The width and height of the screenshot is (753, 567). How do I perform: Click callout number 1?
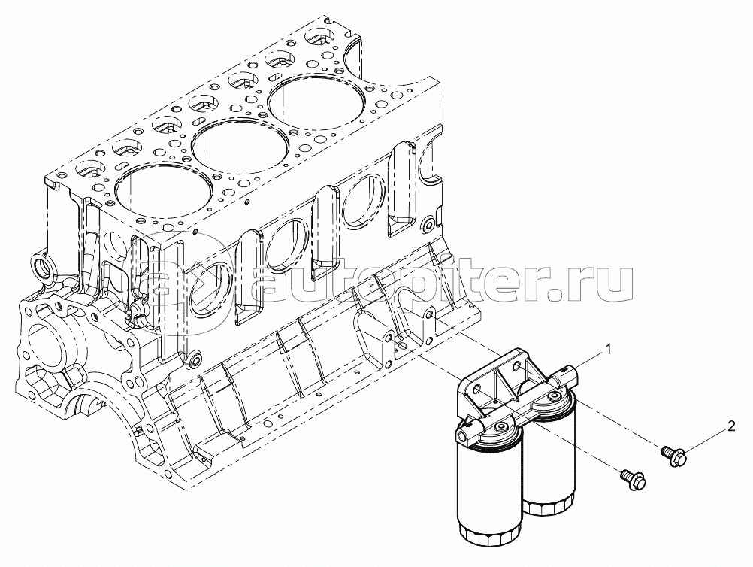tap(609, 350)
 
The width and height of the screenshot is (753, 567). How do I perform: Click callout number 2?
tap(730, 427)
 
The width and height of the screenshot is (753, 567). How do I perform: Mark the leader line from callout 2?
tap(706, 439)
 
